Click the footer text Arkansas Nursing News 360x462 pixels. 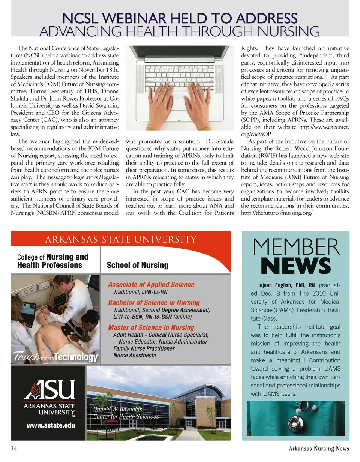[x=319, y=448]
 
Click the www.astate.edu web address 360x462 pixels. [x=51, y=425]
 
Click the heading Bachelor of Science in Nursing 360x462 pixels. [x=154, y=303]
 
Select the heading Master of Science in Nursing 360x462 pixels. [x=151, y=327]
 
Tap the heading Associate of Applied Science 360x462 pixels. [x=151, y=285]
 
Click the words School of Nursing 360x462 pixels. [x=137, y=265]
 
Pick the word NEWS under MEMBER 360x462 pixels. [x=296, y=266]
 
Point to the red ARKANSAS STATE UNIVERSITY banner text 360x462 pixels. [x=121, y=239]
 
